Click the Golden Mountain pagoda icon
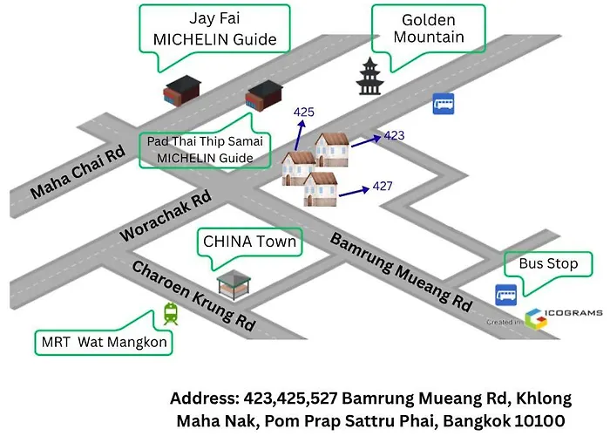click(x=369, y=77)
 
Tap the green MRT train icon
click(x=171, y=314)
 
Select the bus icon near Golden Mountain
click(x=444, y=104)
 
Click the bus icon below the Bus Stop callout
click(x=505, y=295)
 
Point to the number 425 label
click(x=304, y=112)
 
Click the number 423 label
click(x=394, y=135)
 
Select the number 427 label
click(x=383, y=186)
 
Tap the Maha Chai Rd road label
click(x=78, y=172)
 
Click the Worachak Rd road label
click(x=166, y=215)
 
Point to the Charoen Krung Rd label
click(x=193, y=295)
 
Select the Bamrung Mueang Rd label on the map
click(x=401, y=272)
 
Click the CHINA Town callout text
click(x=250, y=242)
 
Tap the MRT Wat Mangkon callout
click(x=104, y=342)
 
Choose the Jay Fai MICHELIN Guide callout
click(x=214, y=29)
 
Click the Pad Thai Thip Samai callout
click(x=205, y=150)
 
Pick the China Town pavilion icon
click(x=234, y=284)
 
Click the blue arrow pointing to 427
click(x=354, y=192)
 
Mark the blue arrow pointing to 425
click(x=299, y=135)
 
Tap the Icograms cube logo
click(x=536, y=319)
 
